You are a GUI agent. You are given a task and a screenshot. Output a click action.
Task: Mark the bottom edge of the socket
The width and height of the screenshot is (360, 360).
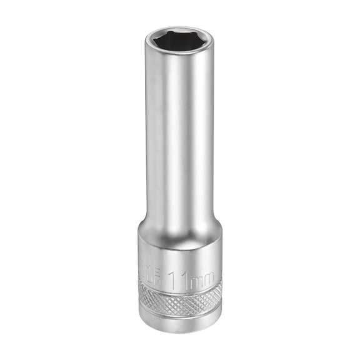click(180, 331)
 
